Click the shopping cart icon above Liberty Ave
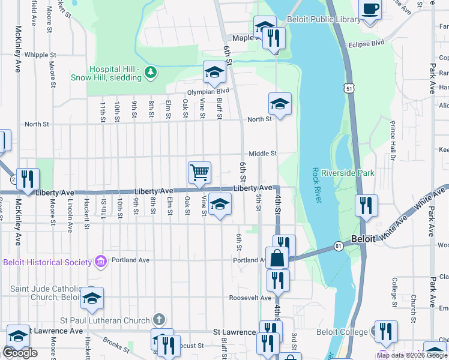click(x=199, y=172)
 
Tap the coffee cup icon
click(x=370, y=10)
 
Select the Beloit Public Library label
click(x=324, y=20)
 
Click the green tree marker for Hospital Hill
click(x=151, y=73)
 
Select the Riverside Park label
click(x=348, y=173)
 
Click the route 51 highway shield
click(x=349, y=88)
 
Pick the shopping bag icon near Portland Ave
click(x=277, y=259)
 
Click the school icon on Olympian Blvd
click(x=214, y=72)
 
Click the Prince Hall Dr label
click(x=393, y=140)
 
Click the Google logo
click(x=19, y=353)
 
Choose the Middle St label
click(x=263, y=154)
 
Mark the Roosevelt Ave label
click(x=250, y=298)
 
